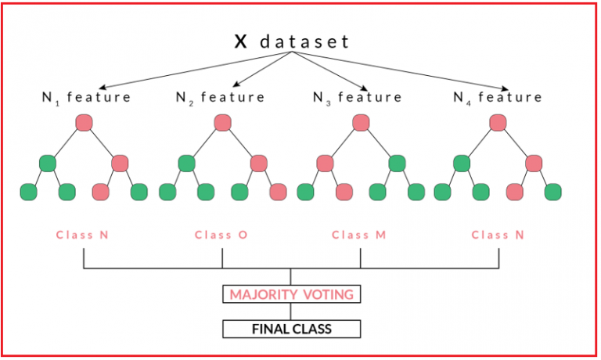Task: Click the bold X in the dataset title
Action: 241,41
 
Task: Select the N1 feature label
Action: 86,98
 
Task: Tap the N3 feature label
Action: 358,98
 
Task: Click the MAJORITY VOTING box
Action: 291,295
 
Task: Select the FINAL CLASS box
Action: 291,329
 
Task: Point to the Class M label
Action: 360,235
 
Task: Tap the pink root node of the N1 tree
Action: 84,123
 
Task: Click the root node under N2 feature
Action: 222,123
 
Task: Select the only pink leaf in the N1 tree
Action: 101,192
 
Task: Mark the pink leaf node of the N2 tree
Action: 278,192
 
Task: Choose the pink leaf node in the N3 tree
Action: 344,192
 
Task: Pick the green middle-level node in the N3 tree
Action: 397,164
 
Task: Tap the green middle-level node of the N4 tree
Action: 462,164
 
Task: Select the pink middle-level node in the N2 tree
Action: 258,164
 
